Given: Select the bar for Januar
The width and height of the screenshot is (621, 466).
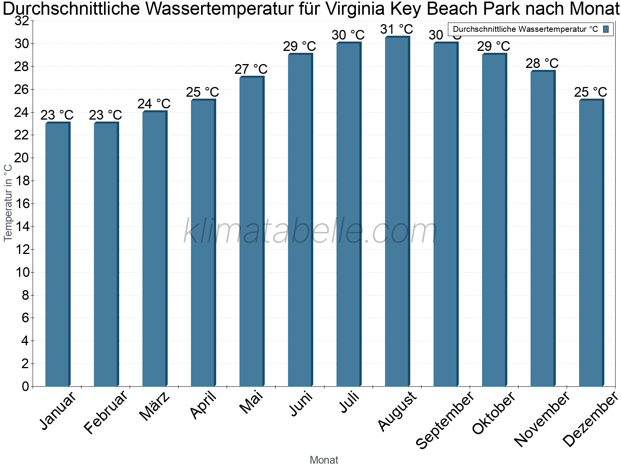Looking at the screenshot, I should [57, 254].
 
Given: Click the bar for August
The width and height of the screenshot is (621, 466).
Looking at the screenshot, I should [397, 212].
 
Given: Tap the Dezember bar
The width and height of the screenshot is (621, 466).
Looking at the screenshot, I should [591, 243].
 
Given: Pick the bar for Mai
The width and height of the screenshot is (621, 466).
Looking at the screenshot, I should [252, 232].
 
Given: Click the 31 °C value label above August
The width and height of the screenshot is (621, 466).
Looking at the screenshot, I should [397, 29].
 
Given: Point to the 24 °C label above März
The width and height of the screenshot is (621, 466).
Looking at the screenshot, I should [154, 104].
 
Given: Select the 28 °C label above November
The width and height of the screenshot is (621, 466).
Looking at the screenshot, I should [542, 63].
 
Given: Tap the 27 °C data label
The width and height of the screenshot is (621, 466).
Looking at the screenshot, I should [251, 69].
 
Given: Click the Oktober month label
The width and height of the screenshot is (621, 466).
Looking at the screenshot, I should [494, 412].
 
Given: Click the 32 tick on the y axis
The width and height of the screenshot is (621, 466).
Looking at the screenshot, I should [22, 21].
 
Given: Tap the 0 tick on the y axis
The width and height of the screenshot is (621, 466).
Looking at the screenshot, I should [26, 386].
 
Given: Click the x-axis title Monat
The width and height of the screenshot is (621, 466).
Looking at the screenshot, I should [324, 460].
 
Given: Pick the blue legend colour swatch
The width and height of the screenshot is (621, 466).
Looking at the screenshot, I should [606, 29].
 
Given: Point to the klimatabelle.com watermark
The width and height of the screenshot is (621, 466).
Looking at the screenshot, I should [310, 231].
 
